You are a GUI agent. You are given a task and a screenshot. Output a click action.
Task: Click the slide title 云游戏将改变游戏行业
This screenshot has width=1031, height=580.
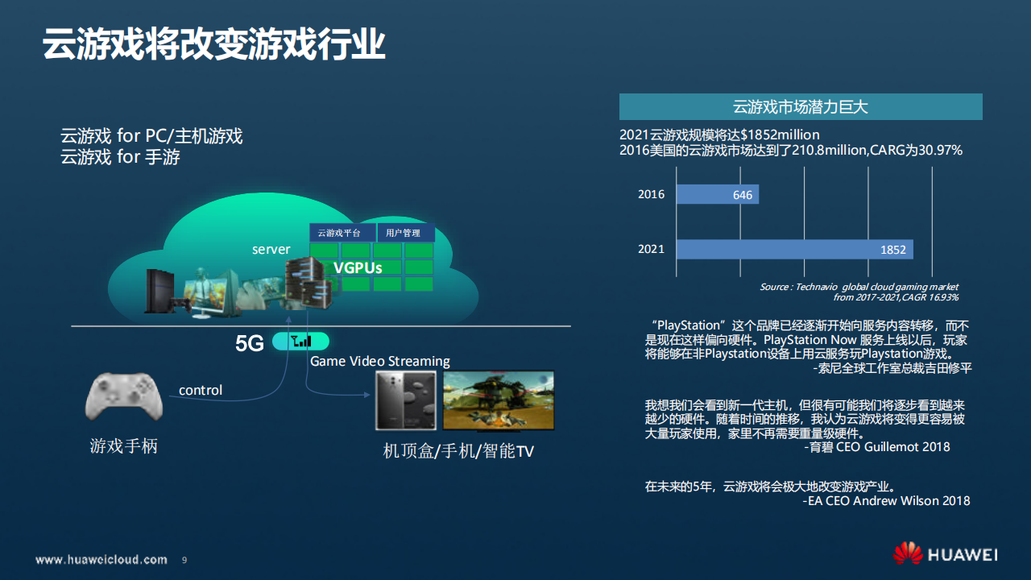213,45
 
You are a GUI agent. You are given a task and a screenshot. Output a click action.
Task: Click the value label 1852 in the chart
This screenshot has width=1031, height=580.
892,250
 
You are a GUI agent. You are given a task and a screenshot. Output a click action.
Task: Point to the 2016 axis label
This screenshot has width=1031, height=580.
651,194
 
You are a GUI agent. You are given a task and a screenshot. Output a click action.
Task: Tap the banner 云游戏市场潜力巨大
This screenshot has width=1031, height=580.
800,106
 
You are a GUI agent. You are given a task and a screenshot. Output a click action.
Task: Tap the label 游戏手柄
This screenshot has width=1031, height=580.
123,445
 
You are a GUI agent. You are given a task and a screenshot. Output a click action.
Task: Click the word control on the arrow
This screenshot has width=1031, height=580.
201,390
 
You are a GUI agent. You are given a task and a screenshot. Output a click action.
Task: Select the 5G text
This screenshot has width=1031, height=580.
249,344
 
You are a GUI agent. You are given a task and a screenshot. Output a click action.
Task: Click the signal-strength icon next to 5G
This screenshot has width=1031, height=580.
300,341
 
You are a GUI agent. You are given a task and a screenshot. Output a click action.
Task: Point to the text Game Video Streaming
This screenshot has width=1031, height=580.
379,361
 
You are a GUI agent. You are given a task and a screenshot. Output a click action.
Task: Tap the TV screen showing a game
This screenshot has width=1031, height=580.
498,400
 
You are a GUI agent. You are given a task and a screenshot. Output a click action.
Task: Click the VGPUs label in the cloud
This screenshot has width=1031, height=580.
358,267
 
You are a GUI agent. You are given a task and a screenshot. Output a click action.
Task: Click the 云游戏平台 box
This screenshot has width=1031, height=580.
342,233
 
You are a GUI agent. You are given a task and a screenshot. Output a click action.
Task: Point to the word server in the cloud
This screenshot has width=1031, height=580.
271,250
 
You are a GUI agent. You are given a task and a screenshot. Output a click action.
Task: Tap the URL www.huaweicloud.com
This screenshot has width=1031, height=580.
101,559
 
